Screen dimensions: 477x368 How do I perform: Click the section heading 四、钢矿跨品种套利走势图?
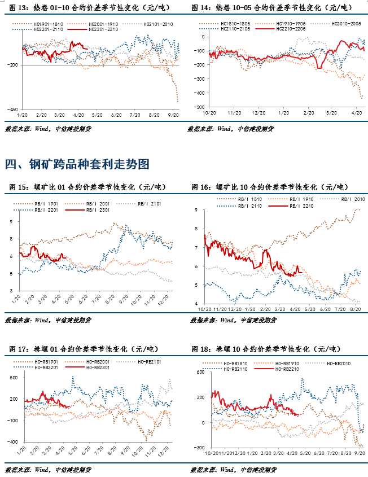77,164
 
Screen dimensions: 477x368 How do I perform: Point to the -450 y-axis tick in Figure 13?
12,108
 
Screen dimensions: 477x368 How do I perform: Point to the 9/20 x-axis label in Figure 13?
173,115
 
